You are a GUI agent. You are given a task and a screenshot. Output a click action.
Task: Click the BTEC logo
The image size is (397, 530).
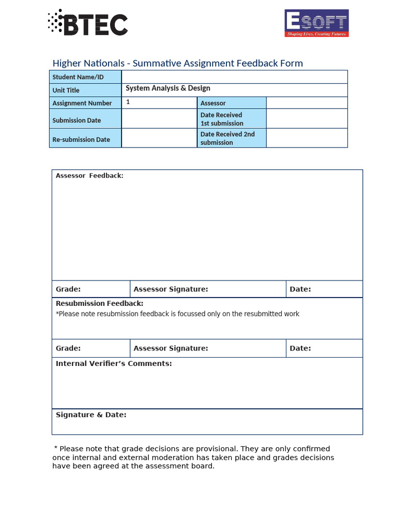(x=88, y=23)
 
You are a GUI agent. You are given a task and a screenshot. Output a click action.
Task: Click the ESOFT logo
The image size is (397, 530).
(x=316, y=23)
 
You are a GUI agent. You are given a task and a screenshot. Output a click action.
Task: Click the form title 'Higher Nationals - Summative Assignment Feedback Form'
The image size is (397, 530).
(x=177, y=63)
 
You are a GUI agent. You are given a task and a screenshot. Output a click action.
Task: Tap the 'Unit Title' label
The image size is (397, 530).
(x=66, y=90)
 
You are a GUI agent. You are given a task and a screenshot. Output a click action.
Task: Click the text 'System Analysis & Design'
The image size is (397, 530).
(x=168, y=89)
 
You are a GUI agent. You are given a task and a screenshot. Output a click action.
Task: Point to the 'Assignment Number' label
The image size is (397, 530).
(x=82, y=103)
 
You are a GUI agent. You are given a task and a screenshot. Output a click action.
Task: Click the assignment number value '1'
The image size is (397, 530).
(x=128, y=102)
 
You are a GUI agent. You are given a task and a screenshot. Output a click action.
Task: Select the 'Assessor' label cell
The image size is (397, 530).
(x=213, y=103)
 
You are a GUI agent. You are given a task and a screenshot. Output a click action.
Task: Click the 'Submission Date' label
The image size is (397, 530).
(x=77, y=120)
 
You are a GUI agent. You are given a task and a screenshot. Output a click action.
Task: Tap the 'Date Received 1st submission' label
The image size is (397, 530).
(x=222, y=119)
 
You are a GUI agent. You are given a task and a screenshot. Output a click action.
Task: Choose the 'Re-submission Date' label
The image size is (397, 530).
(x=81, y=139)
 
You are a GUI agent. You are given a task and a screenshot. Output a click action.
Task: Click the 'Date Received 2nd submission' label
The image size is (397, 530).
(x=227, y=138)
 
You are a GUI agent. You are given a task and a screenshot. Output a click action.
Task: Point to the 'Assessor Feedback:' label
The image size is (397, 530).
(x=89, y=175)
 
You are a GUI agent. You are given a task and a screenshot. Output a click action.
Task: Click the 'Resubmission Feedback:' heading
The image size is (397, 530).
(x=100, y=303)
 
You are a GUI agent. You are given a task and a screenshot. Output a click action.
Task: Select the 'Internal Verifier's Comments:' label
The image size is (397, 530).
(x=114, y=363)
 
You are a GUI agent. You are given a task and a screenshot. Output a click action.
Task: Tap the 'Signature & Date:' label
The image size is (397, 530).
(x=91, y=415)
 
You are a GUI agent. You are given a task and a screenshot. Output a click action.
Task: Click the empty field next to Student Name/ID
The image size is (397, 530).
(x=234, y=77)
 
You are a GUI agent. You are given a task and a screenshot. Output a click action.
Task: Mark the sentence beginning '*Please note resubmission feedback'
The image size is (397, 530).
(x=177, y=314)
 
